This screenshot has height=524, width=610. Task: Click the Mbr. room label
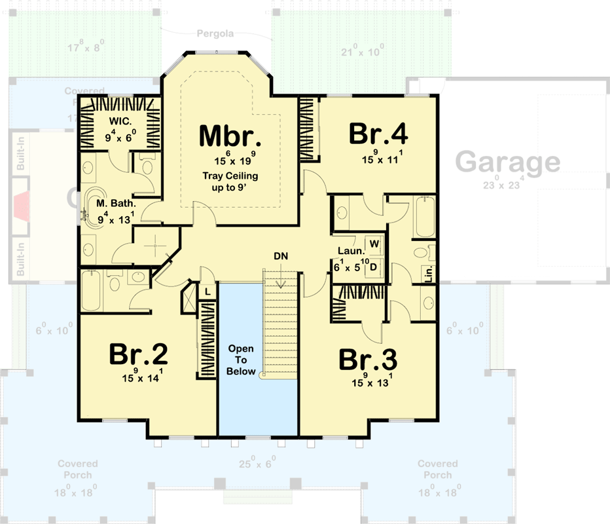[230, 136]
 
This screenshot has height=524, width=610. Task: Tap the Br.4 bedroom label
[378, 134]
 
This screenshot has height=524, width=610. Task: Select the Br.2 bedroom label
[138, 354]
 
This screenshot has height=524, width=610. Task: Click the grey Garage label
[507, 162]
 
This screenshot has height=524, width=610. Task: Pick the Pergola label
[216, 33]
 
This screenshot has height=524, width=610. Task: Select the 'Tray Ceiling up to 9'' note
[230, 181]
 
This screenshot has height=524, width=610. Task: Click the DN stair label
[281, 255]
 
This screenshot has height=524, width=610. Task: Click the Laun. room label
[348, 251]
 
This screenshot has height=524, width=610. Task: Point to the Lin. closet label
[429, 274]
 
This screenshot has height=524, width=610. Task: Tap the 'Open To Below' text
[240, 360]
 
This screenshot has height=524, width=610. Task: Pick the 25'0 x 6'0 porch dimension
[257, 463]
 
